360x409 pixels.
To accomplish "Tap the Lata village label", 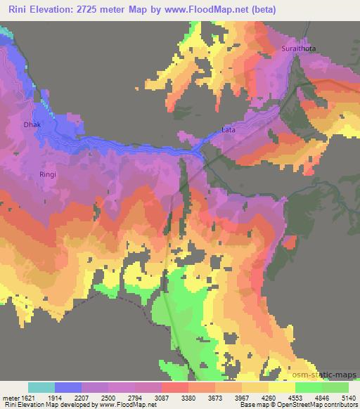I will point(228,130).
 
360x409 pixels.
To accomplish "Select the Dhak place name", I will point(33,124).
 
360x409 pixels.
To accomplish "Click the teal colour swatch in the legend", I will point(41,387).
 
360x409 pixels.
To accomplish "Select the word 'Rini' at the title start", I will point(15,10).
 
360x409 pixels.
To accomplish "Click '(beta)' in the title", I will point(259,10).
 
